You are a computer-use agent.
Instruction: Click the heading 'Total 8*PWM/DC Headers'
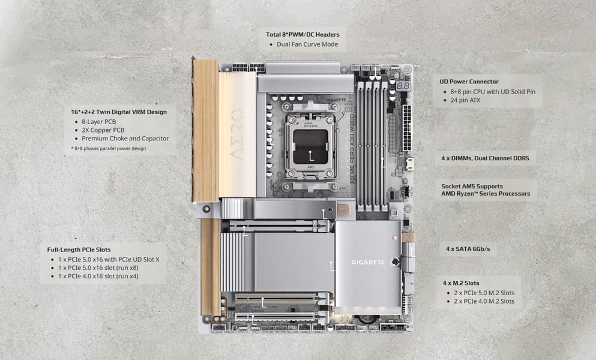pyautogui.click(x=303, y=35)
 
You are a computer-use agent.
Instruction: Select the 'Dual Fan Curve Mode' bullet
pyautogui.click(x=307, y=44)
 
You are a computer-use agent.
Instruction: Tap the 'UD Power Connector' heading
pyautogui.click(x=469, y=82)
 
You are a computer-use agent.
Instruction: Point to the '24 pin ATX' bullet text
pyautogui.click(x=465, y=100)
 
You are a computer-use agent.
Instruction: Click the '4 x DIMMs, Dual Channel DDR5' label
pyautogui.click(x=485, y=158)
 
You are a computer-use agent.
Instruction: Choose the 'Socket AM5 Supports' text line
pyautogui.click(x=472, y=186)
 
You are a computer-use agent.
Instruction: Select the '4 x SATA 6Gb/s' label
pyautogui.click(x=468, y=249)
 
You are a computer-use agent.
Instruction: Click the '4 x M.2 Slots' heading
pyautogui.click(x=461, y=283)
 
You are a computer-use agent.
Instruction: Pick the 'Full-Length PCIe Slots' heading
pyautogui.click(x=79, y=250)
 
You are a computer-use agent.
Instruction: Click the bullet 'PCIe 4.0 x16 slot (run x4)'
pyautogui.click(x=98, y=277)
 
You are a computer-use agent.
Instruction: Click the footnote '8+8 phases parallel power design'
pyautogui.click(x=110, y=149)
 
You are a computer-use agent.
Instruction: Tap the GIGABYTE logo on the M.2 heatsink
pyautogui.click(x=368, y=262)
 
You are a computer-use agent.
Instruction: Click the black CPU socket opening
pyautogui.click(x=311, y=147)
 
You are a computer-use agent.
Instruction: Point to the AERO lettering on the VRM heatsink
pyautogui.click(x=236, y=133)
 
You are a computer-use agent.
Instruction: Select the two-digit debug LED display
pyautogui.click(x=403, y=86)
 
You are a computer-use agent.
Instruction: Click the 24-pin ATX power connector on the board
pyautogui.click(x=407, y=128)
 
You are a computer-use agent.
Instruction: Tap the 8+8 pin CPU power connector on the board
pyautogui.click(x=248, y=68)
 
